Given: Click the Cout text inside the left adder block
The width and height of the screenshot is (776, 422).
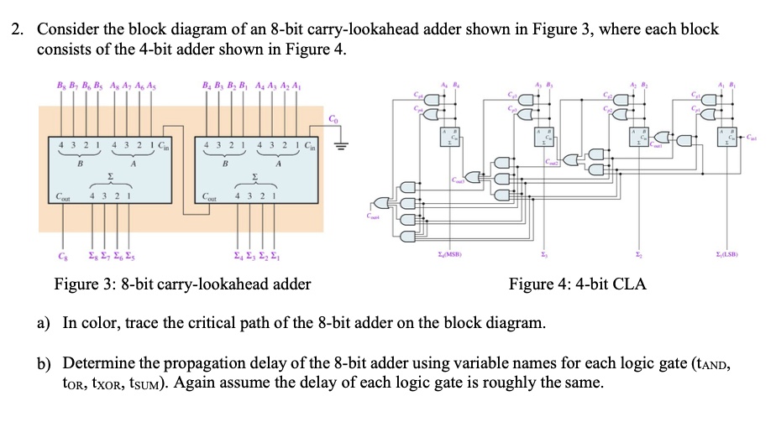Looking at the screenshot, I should point(62,198).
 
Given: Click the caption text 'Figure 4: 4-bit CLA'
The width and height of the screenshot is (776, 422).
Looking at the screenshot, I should point(577,284).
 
